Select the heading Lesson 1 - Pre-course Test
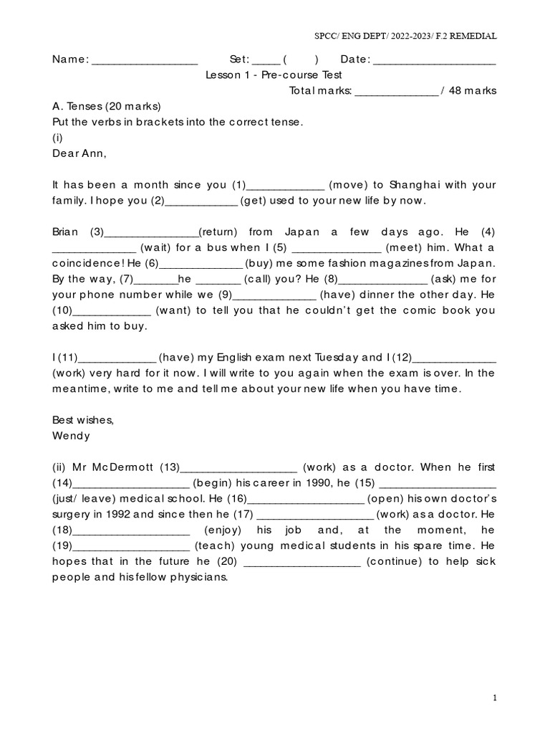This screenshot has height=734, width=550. pos(274,75)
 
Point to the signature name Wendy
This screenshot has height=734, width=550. pos(71,435)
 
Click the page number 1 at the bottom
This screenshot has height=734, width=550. pos(494,697)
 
